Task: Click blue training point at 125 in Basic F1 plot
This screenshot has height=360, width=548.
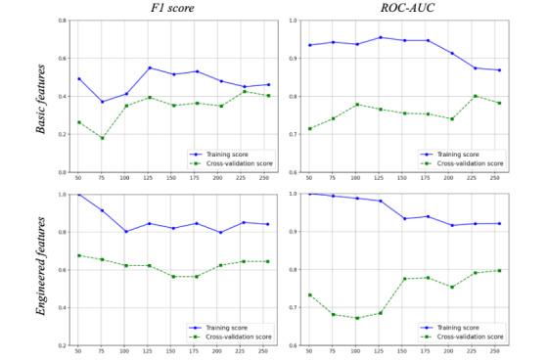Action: point(149,67)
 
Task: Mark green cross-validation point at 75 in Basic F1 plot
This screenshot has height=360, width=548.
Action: point(102,138)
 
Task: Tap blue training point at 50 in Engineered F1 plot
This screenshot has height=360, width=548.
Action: point(78,194)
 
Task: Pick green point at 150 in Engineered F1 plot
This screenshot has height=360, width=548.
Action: point(172,276)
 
